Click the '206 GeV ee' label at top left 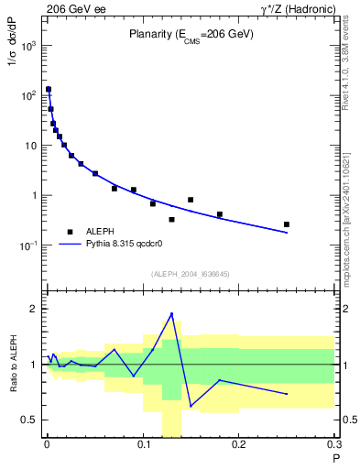(72, 7)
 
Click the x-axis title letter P (335, 458)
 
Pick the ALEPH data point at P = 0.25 (287, 224)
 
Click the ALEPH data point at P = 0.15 (191, 200)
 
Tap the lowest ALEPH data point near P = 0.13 (171, 220)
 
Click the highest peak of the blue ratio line (171, 313)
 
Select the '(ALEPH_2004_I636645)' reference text (190, 273)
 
